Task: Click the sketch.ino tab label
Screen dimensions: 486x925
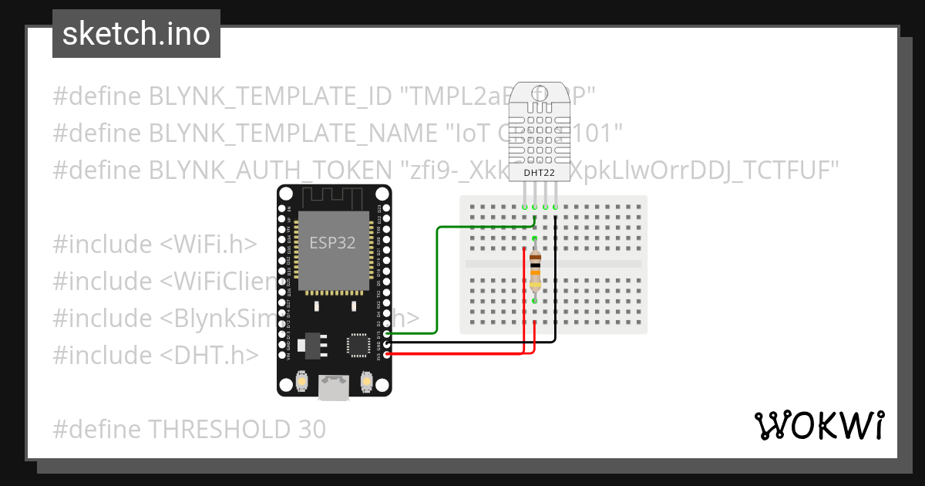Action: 136,35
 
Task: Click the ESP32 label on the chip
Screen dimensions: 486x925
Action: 332,242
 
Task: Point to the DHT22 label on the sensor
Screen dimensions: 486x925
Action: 539,172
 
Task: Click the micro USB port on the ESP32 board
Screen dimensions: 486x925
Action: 334,386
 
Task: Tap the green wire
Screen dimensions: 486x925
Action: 438,278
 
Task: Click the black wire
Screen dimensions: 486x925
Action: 470,341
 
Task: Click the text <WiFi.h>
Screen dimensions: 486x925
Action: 208,244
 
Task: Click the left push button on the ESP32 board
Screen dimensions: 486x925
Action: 302,381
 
